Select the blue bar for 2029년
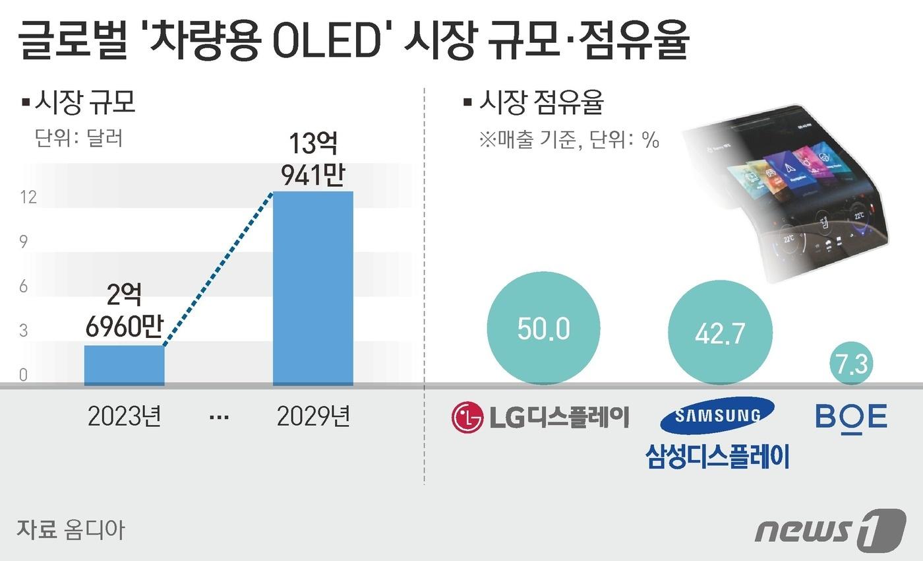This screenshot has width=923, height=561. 313,288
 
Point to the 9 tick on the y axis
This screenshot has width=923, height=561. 24,242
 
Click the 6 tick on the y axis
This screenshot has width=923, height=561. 24,286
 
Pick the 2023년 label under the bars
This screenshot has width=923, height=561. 124,417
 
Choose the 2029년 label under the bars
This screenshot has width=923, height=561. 313,417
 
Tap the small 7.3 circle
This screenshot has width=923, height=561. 851,364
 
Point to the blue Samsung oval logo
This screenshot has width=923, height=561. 717,415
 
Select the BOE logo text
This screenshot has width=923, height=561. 851,416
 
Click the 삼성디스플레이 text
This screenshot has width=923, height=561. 717,456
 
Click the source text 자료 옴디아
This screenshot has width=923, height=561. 70,529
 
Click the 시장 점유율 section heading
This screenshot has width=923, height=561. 541,102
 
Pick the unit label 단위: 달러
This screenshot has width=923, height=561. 79,139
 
